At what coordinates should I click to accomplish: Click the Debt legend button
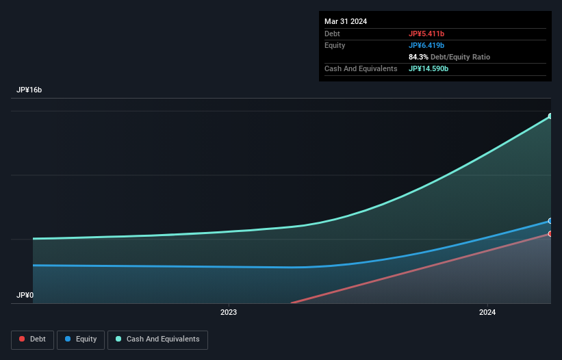point(33,339)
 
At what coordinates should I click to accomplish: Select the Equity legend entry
point(81,339)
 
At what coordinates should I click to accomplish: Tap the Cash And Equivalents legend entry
point(157,339)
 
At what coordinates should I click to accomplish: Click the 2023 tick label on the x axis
point(229,313)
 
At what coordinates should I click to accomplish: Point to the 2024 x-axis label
point(487,313)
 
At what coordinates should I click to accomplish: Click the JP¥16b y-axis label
point(29,90)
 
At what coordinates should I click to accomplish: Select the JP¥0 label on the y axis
point(25,296)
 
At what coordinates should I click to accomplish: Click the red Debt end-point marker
point(550,234)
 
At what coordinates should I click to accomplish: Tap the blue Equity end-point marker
point(550,221)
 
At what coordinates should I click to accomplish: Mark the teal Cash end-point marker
point(550,116)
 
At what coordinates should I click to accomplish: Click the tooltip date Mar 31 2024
point(346,21)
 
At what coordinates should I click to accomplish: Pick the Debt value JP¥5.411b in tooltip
point(426,34)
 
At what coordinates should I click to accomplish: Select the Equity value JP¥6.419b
point(426,45)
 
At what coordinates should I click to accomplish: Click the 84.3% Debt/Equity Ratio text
point(449,57)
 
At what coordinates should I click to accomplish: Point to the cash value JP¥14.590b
point(429,68)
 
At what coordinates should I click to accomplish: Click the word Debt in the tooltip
point(332,34)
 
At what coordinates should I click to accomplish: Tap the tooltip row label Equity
point(335,45)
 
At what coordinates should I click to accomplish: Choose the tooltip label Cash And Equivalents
point(361,68)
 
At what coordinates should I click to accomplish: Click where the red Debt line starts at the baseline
point(292,303)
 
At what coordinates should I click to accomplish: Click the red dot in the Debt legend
point(23,339)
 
